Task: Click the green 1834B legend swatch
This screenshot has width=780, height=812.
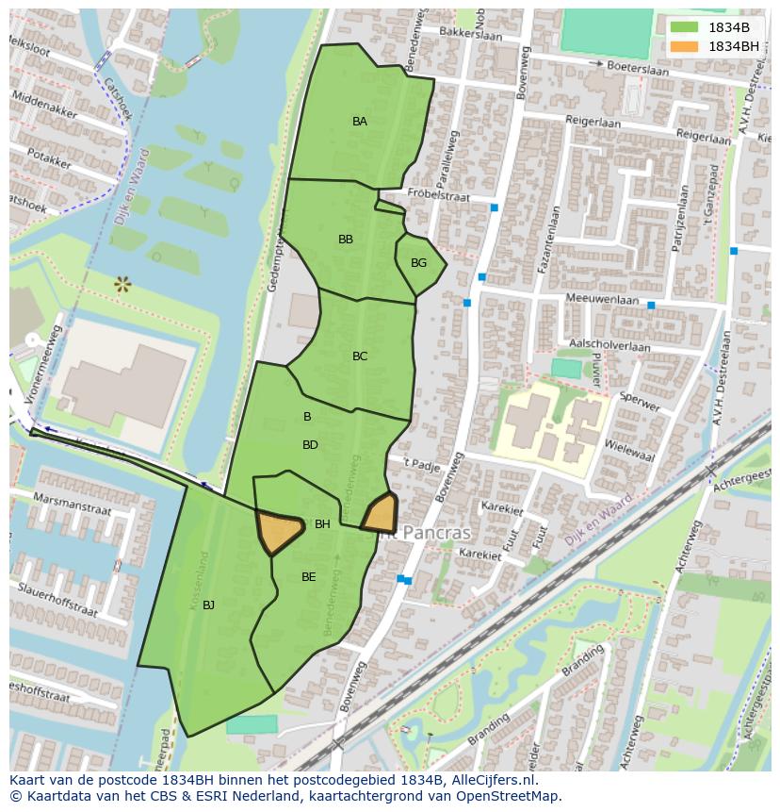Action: pos(684,27)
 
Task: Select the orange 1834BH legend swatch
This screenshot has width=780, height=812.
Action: pos(684,46)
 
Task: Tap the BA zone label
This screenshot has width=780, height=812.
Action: pos(360,122)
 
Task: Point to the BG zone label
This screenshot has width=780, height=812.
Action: pos(418,263)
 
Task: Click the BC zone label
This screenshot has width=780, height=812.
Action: pos(360,356)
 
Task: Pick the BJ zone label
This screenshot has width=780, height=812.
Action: pos(208,605)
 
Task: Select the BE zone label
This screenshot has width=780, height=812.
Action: pos(308,577)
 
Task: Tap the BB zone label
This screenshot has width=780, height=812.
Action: pos(346,240)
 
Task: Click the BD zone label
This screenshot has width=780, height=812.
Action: pos(310,445)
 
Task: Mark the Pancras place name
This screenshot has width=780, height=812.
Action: pos(436,533)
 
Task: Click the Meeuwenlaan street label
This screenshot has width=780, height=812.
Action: pos(602,298)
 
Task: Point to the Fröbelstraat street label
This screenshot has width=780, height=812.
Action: pos(438,193)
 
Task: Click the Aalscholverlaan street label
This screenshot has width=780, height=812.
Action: pos(609,346)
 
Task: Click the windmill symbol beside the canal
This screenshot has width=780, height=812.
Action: pos(122,283)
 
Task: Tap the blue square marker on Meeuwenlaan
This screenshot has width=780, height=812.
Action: pos(651,306)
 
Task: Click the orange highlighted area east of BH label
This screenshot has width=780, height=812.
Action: pos(380,513)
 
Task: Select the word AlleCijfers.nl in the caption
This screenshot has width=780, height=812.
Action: pos(491,780)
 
